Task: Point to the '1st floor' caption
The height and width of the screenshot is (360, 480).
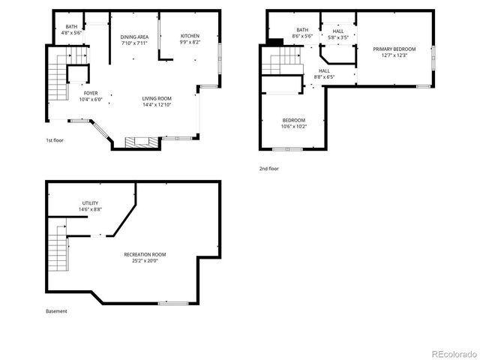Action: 55,139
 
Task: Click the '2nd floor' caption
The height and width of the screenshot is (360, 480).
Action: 268,169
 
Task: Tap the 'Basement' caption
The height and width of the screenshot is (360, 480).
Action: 56,311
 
